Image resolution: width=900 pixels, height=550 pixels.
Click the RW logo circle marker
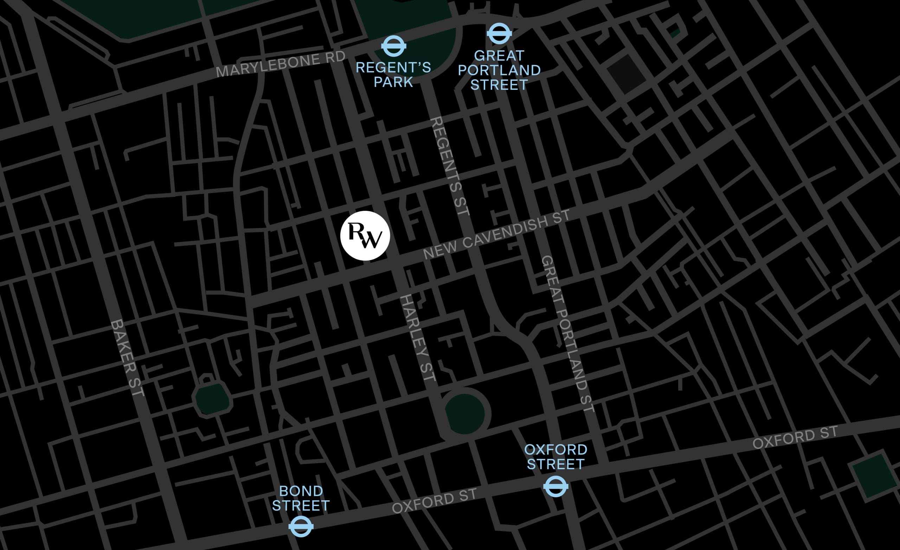tap(365, 235)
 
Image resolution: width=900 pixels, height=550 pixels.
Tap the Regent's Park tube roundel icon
tap(393, 46)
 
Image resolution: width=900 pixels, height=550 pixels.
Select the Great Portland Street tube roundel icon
tap(499, 34)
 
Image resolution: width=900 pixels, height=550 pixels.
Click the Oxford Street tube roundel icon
tap(555, 486)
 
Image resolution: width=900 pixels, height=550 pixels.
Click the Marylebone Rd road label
tap(281, 64)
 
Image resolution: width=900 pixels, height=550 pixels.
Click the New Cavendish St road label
tap(496, 234)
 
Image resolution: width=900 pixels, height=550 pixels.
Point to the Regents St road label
tap(450, 166)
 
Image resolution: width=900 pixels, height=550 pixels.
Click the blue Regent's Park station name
tap(393, 75)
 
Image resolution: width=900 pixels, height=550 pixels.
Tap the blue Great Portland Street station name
tap(499, 70)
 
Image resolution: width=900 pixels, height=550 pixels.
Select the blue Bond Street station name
tap(301, 498)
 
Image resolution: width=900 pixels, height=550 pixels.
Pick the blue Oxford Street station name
tap(555, 457)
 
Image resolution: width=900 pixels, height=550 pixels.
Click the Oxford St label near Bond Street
tap(434, 501)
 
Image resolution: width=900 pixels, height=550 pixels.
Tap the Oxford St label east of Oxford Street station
tap(795, 438)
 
